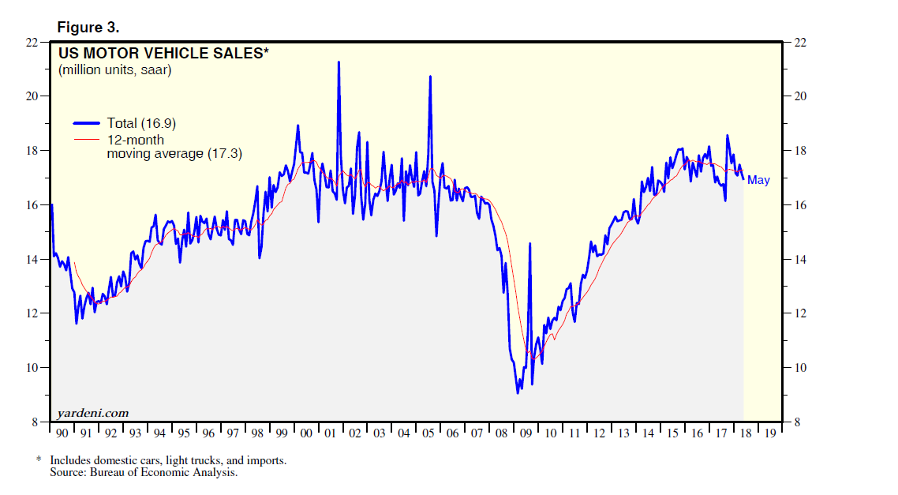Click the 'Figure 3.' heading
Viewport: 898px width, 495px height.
[88, 28]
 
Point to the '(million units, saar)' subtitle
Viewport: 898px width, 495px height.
[114, 70]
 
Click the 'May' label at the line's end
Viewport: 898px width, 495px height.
[758, 180]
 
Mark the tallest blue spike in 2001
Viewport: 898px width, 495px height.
[339, 62]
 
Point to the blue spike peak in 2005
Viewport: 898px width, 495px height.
[430, 77]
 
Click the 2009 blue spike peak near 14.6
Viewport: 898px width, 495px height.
[529, 244]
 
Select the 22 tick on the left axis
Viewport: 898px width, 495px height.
[32, 42]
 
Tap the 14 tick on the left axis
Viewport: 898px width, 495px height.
[32, 259]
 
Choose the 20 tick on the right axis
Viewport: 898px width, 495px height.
[799, 96]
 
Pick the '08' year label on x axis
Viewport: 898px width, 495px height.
[502, 433]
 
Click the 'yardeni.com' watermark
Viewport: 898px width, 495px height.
[92, 413]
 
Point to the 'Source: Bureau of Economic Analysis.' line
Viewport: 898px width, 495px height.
[144, 472]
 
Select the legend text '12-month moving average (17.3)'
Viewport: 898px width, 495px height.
[174, 147]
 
